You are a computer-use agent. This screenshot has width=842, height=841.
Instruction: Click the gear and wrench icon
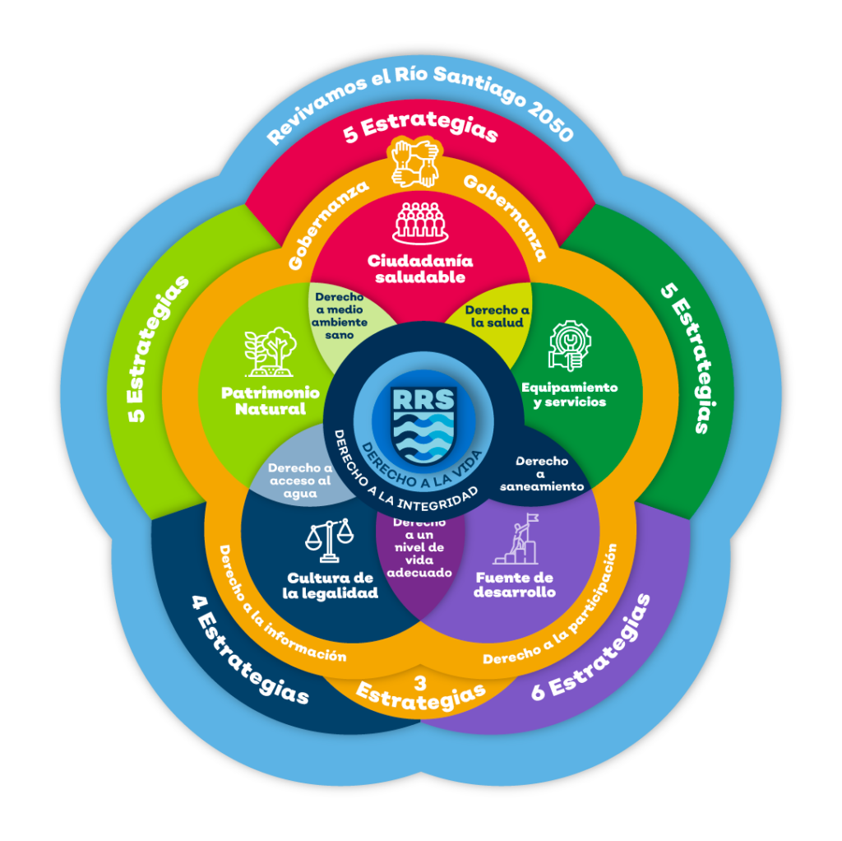point(570,346)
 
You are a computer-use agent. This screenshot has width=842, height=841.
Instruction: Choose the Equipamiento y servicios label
point(570,394)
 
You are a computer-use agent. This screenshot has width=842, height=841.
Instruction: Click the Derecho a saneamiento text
point(543,473)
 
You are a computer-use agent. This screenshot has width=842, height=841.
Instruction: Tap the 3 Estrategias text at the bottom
point(421,693)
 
